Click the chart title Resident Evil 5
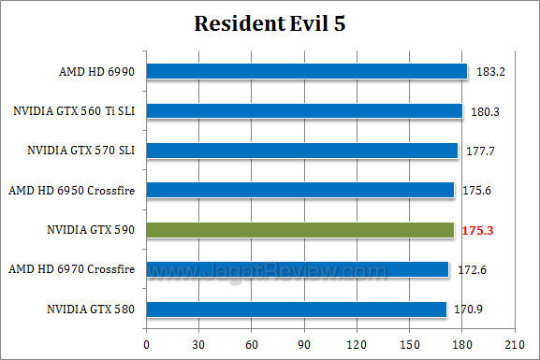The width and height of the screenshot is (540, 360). point(270,23)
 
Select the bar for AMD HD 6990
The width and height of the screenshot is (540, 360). point(306,71)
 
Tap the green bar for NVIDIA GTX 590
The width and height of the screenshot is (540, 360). point(299,230)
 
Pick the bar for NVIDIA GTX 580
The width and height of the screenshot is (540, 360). point(296,310)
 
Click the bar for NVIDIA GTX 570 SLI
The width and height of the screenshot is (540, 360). point(301,151)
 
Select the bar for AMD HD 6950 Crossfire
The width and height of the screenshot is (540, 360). point(299,190)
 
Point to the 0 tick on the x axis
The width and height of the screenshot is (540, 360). point(146,343)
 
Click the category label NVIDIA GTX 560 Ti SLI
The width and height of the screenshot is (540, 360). point(74,111)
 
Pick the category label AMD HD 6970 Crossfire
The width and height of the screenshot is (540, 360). point(71,270)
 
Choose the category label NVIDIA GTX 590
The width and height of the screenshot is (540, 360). point(91,230)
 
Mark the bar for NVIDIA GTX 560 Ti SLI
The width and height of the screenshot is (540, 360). point(304,111)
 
